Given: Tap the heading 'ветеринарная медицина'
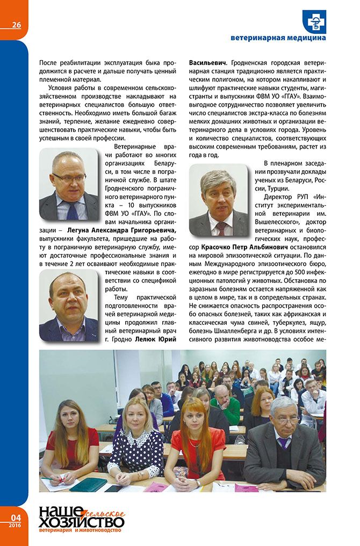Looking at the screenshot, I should coord(278,38).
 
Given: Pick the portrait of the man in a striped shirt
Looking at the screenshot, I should coord(69,305).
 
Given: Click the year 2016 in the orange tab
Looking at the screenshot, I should coord(15,525).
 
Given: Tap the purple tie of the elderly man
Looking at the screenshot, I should coord(283,445).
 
